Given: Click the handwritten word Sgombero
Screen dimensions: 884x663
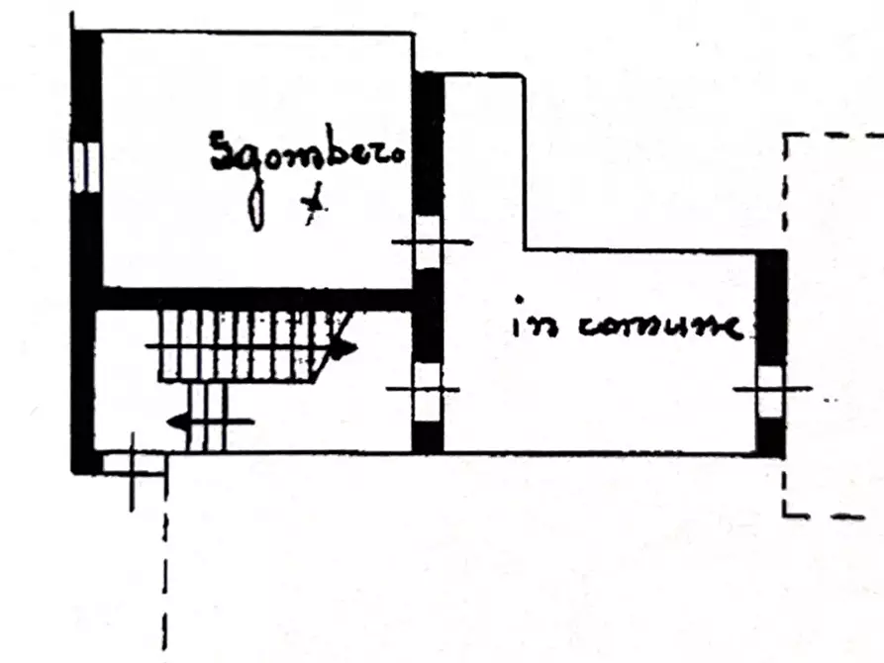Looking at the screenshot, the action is [x=307, y=151].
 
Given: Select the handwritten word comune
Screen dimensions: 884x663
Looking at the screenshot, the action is [x=659, y=327].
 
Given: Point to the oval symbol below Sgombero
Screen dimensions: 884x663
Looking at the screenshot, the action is [x=256, y=209].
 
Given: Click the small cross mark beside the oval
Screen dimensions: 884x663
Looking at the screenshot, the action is [x=314, y=204].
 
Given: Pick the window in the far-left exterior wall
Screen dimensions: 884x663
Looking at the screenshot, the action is [x=86, y=167].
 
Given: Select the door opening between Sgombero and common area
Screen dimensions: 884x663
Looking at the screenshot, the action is [x=428, y=242].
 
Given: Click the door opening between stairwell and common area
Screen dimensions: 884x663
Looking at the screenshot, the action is [x=428, y=391].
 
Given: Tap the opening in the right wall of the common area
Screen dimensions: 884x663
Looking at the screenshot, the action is [x=771, y=391].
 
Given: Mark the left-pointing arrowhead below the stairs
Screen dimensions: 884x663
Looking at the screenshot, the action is [x=178, y=422].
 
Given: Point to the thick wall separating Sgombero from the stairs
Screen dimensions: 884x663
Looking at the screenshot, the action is [x=256, y=299].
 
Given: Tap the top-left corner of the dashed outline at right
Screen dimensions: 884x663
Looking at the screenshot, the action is [x=785, y=136].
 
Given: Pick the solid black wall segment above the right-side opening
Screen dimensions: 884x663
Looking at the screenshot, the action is [x=771, y=308].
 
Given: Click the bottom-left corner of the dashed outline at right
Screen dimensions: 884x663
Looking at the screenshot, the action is [x=785, y=515].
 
